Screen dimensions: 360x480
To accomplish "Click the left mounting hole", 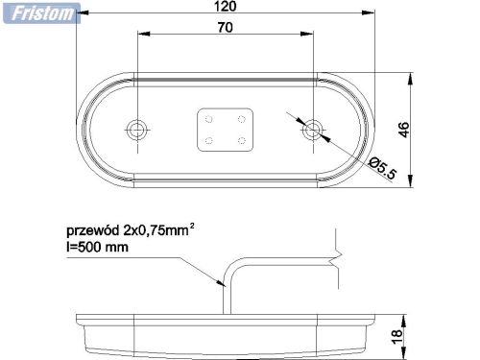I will [x=137, y=128].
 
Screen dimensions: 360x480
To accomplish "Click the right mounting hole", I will [x=312, y=128].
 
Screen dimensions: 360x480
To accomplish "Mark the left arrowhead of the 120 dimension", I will [x=80, y=14].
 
